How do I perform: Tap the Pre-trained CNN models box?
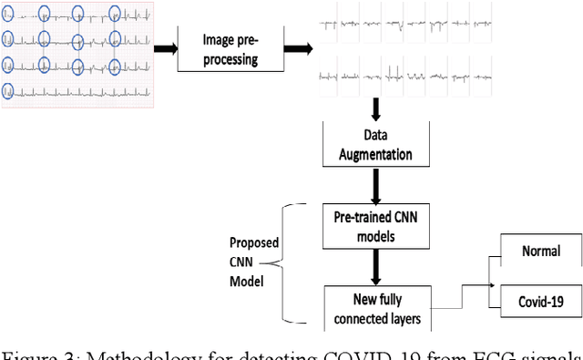pos(373,226)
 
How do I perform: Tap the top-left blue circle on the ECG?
pos(7,13)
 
